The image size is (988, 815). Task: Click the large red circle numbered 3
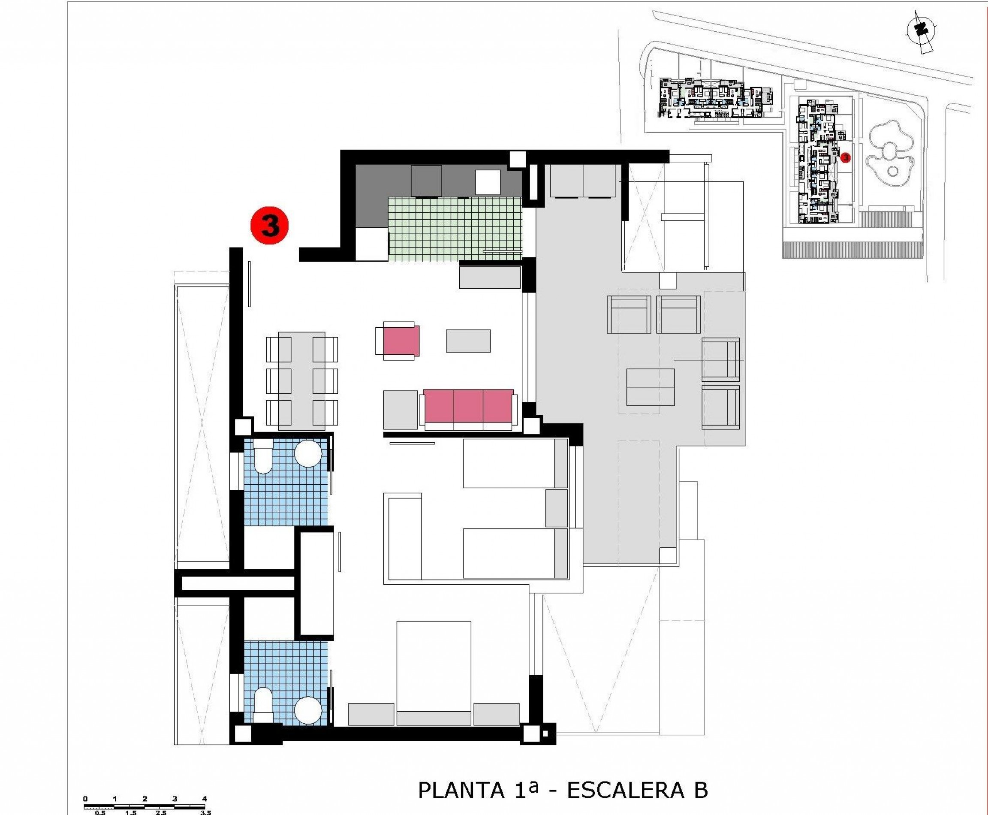tap(269, 226)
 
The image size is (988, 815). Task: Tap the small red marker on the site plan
tap(846, 158)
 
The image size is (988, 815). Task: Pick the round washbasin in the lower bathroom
tap(308, 709)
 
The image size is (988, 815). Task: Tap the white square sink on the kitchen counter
tap(488, 182)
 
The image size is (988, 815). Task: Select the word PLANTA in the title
tap(461, 790)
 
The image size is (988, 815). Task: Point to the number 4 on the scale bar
tap(204, 799)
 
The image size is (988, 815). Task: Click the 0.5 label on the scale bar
tap(100, 812)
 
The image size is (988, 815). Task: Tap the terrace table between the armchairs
tap(650, 387)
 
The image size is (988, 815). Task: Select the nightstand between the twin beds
tap(557, 508)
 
